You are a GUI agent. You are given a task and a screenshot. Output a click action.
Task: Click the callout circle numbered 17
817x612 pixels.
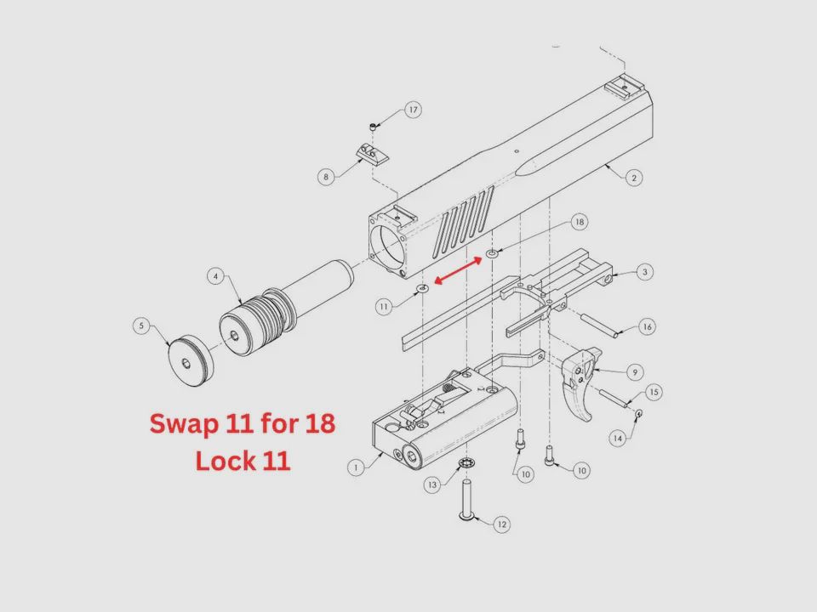pos(414,110)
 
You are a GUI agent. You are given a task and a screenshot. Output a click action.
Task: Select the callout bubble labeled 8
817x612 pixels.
pos(326,177)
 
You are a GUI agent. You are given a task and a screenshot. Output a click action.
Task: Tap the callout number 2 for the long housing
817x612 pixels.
pos(634,178)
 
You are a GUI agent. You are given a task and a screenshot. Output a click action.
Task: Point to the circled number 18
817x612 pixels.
pos(580,222)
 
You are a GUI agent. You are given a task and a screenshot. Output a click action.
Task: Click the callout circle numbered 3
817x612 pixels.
pos(645,272)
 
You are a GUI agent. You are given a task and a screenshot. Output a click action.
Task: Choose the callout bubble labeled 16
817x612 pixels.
pos(647,326)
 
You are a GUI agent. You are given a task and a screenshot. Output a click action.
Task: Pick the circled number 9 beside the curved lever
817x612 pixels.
pos(635,372)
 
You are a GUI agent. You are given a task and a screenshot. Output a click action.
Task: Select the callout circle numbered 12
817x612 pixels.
pos(502,524)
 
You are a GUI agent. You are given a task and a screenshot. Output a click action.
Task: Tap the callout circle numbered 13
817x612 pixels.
pos(432,485)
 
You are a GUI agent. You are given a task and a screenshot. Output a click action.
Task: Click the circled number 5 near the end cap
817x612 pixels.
pos(141,326)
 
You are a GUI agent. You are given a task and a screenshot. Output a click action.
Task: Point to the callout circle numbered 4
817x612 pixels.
pos(215,275)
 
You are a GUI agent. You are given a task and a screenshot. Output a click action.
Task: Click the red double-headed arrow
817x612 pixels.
pos(458,271)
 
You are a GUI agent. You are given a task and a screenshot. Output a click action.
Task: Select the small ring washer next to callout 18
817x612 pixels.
pos(492,253)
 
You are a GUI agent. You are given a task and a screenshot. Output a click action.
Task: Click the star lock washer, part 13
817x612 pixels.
pos(466,462)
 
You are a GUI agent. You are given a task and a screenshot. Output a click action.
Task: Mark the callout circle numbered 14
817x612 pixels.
pos(618,439)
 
